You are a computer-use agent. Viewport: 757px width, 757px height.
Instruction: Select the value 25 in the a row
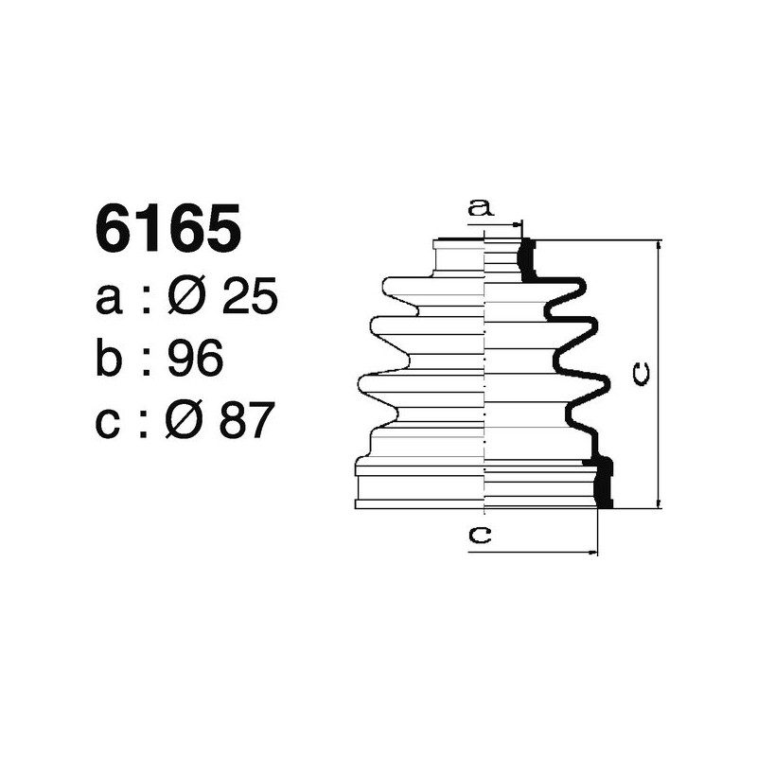point(249,299)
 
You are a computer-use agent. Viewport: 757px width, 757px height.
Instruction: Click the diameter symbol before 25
point(187,299)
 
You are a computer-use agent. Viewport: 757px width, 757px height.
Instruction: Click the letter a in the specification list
point(110,301)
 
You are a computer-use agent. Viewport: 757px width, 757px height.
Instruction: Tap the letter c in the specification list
point(110,421)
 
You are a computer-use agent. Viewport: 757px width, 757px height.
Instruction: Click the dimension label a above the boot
point(482,209)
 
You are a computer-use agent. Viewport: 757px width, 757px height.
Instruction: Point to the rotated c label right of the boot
point(640,375)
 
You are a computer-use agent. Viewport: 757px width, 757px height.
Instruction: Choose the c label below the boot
point(481,536)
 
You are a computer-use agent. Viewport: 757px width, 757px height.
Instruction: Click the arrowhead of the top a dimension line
point(517,225)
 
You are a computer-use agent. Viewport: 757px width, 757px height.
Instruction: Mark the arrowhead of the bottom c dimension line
point(593,550)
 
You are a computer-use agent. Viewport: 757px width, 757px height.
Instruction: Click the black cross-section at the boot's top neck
point(527,260)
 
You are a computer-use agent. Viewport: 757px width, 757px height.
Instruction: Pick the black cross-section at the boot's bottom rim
point(604,483)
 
